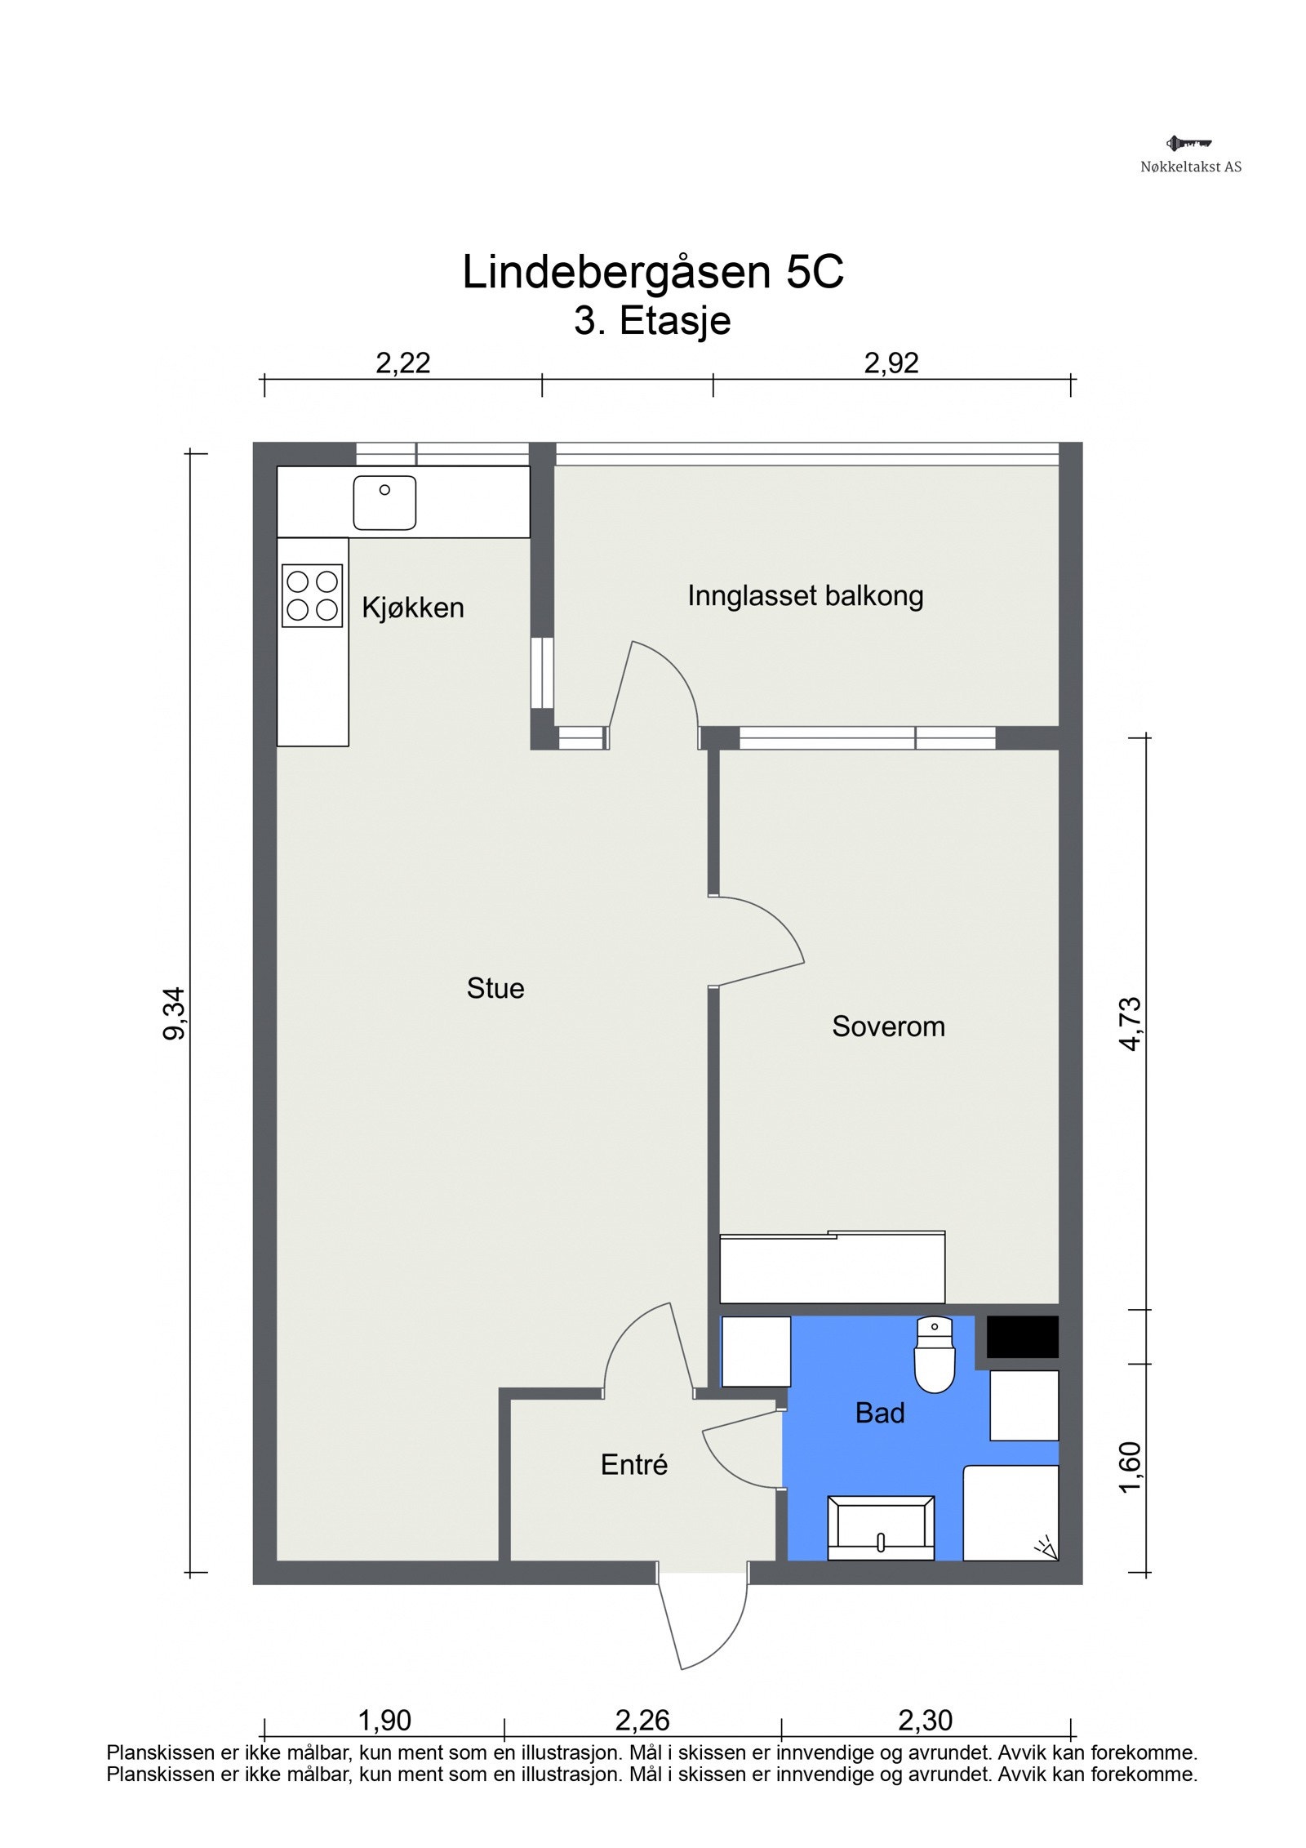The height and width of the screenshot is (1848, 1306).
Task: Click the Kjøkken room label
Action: tap(412, 608)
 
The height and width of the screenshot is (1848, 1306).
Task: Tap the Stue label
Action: tap(495, 988)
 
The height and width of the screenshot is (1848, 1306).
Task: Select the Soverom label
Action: tap(888, 1026)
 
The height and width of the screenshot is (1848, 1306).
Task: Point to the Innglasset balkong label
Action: tap(805, 596)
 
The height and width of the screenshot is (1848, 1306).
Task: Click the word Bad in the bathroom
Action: tap(880, 1413)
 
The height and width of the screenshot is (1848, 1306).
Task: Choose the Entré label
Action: tap(634, 1464)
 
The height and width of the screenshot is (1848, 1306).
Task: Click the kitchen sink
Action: tap(384, 503)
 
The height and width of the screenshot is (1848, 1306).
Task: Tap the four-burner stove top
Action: tap(312, 595)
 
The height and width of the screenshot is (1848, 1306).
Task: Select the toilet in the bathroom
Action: tap(935, 1354)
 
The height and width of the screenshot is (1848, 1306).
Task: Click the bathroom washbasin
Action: tap(881, 1528)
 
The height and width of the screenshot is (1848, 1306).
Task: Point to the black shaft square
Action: tap(1023, 1337)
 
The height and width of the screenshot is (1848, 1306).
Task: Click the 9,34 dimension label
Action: tap(175, 1014)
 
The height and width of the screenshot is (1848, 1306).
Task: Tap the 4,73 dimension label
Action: tap(1131, 1024)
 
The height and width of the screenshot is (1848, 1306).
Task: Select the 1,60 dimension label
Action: tap(1130, 1468)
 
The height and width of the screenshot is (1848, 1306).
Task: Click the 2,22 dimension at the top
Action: tap(402, 363)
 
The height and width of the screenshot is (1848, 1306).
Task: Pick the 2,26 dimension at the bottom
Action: tap(642, 1720)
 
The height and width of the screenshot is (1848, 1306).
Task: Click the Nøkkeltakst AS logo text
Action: tap(1191, 167)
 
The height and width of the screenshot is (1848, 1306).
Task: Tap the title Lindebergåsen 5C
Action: tap(653, 272)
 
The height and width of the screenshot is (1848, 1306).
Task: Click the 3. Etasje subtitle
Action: tap(652, 320)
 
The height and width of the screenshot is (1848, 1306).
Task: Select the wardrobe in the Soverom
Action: tap(833, 1267)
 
